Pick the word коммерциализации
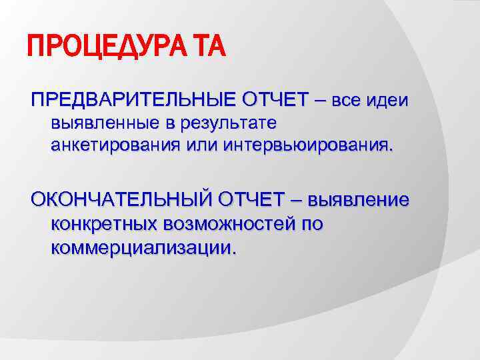(x=143, y=247)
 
